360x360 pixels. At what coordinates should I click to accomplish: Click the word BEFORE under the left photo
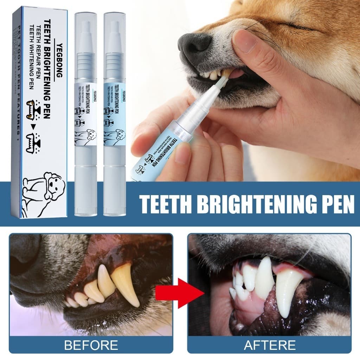[x=91, y=345]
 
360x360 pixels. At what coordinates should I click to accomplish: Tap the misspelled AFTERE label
[x=270, y=345]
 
